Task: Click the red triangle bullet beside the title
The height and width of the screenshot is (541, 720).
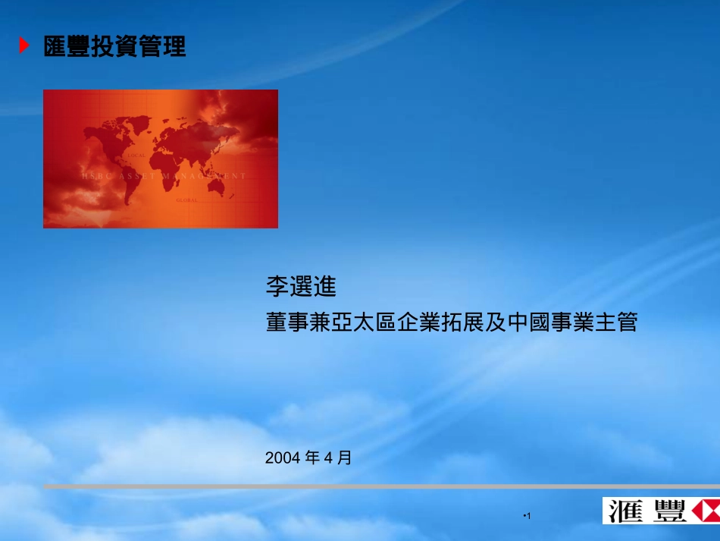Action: pyautogui.click(x=24, y=46)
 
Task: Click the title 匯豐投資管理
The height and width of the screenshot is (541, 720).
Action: pyautogui.click(x=115, y=47)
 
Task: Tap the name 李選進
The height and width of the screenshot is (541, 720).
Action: pyautogui.click(x=300, y=287)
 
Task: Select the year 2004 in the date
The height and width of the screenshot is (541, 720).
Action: pyautogui.click(x=283, y=458)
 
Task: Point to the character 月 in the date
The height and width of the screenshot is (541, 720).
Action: pyautogui.click(x=345, y=458)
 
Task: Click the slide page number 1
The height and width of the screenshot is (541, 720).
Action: pyautogui.click(x=529, y=517)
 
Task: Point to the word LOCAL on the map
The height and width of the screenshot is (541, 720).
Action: pyautogui.click(x=136, y=155)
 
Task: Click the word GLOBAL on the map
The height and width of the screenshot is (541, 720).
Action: pyautogui.click(x=186, y=200)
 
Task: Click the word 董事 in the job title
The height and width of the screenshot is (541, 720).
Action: pyautogui.click(x=283, y=323)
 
